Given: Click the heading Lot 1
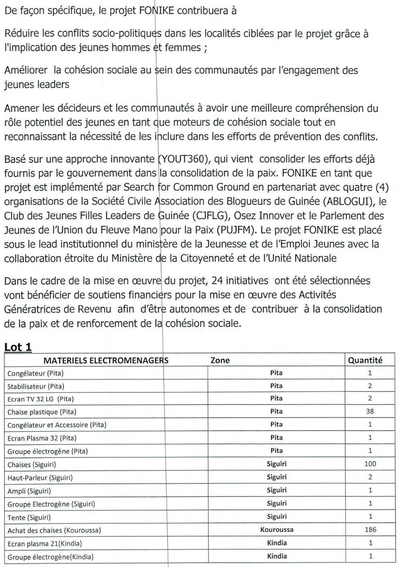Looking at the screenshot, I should [x=18, y=347].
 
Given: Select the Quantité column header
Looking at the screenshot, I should [x=365, y=360].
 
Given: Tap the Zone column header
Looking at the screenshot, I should [x=220, y=360].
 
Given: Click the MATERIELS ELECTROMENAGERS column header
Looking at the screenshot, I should [x=106, y=360].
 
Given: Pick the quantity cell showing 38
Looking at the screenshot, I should [x=370, y=411].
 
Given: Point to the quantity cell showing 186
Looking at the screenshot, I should [x=370, y=529].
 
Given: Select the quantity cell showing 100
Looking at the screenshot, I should [x=370, y=464].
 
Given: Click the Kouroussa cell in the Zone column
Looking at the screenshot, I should [x=277, y=529].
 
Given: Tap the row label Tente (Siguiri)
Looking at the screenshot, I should [x=29, y=517].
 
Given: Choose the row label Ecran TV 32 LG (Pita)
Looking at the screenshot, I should [x=41, y=399].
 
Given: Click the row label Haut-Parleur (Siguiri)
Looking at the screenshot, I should [x=40, y=477].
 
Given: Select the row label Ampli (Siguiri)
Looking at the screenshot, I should [x=29, y=491].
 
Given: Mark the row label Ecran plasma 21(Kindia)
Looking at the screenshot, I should [x=45, y=543].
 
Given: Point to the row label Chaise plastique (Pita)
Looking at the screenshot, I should [x=42, y=412].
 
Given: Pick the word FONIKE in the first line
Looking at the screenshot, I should [x=156, y=11].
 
